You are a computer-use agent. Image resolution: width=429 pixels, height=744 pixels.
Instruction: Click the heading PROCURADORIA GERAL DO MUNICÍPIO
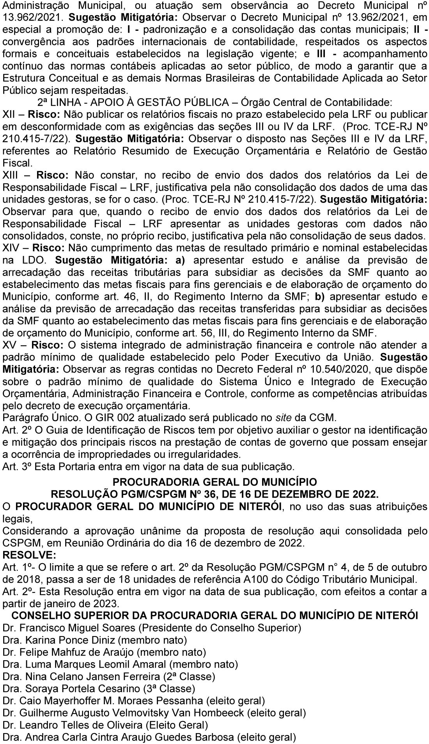(x=214, y=482)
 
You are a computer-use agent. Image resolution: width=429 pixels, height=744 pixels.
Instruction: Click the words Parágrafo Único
(x=37, y=418)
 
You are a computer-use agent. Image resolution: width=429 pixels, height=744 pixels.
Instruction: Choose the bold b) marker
(x=320, y=297)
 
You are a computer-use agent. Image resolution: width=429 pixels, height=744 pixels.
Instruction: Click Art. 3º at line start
(x=17, y=467)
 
